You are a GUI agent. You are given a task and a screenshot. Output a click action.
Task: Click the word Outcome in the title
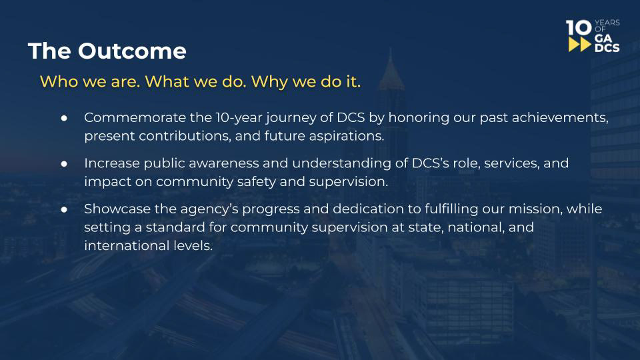(x=132, y=51)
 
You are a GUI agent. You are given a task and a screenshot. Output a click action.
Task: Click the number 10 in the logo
(x=579, y=28)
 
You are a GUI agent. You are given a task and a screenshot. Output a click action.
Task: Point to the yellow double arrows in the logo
(x=579, y=45)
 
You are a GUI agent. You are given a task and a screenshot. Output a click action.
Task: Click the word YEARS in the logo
(x=607, y=23)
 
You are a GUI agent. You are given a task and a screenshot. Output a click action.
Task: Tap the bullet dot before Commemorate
(x=64, y=118)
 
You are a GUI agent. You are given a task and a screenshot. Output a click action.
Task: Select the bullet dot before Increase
(x=64, y=164)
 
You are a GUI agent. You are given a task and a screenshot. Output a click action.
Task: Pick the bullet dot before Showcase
(x=64, y=209)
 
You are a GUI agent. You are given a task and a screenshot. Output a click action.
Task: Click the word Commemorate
(x=135, y=117)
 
